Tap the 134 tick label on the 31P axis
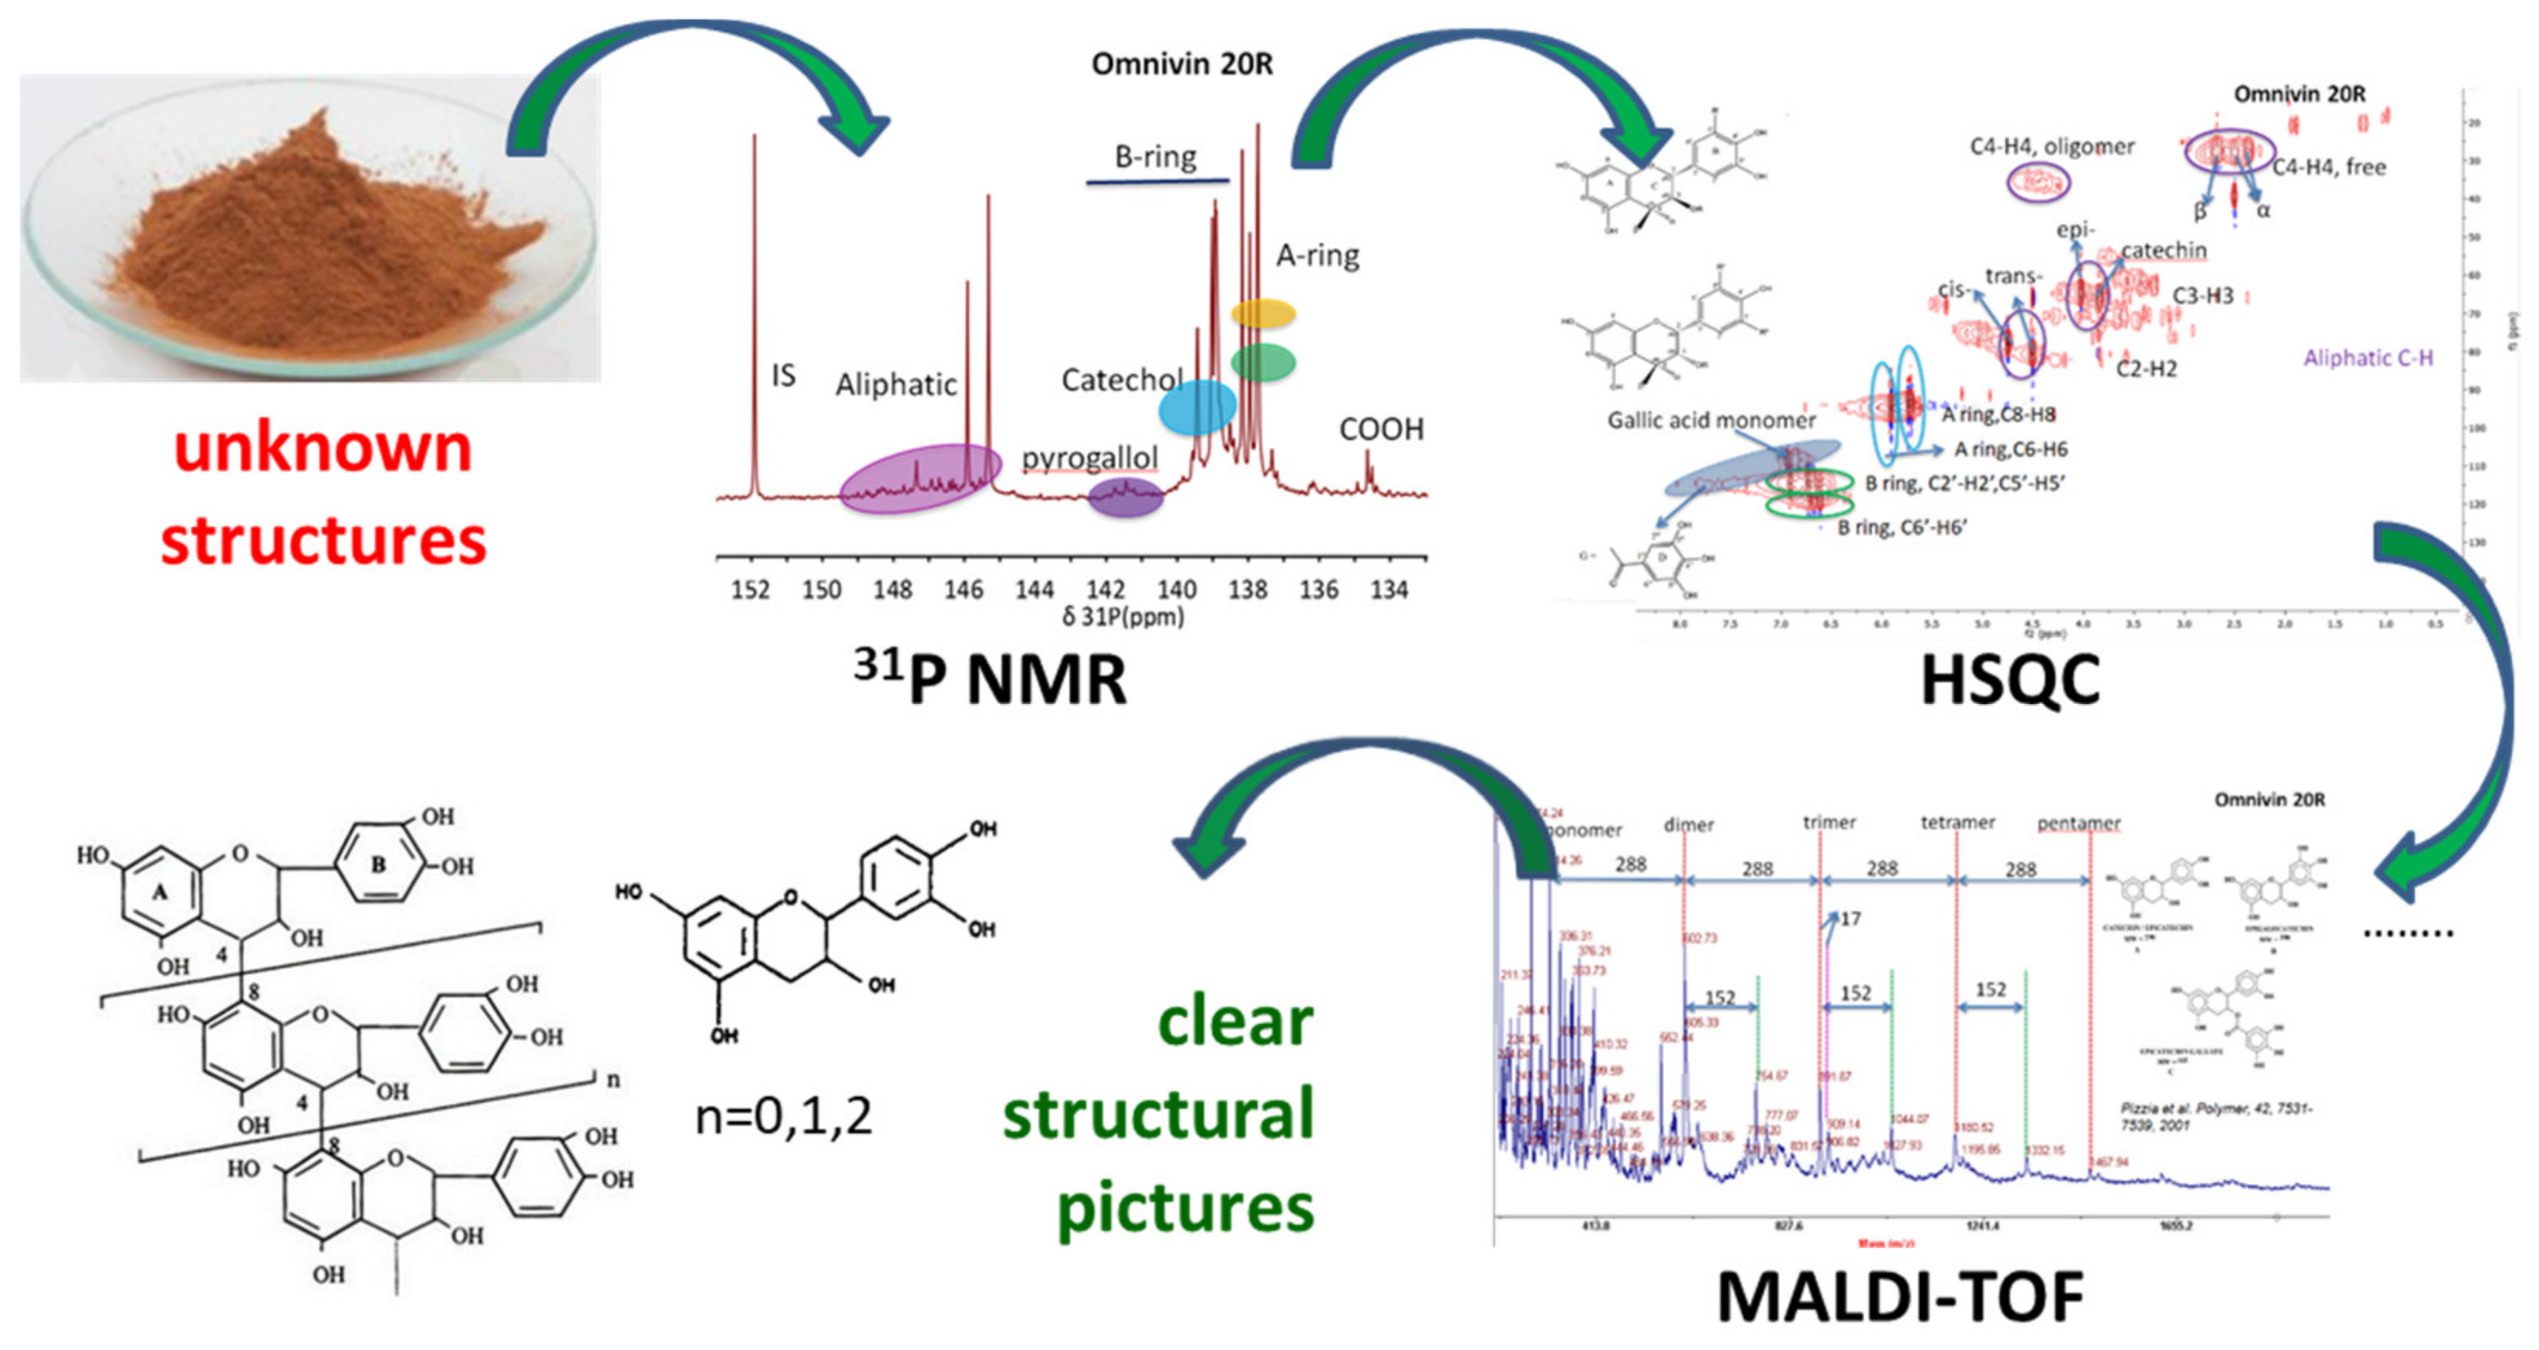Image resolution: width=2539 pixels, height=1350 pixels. click(x=1389, y=590)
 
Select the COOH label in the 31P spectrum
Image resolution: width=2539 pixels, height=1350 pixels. click(x=1381, y=429)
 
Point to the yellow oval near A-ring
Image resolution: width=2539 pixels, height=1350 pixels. click(x=1263, y=313)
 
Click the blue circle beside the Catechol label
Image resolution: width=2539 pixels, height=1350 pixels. click(x=1197, y=408)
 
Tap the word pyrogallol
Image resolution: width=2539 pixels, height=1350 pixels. click(x=1089, y=458)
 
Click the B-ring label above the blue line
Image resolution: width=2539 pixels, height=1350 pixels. click(x=1155, y=157)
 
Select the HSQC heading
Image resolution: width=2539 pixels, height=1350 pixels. click(x=2011, y=681)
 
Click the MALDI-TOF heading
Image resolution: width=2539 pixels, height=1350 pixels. click(x=1899, y=1297)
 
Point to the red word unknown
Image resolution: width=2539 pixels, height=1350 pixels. click(x=323, y=448)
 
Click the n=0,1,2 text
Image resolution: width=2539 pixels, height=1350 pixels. click(x=784, y=1117)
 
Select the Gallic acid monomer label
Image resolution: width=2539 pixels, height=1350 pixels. click(x=1711, y=420)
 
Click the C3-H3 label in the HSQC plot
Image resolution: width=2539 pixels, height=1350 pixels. click(x=2203, y=296)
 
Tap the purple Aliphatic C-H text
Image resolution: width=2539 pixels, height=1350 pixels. click(x=2368, y=358)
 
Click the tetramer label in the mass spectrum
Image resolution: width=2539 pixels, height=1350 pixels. click(x=1957, y=821)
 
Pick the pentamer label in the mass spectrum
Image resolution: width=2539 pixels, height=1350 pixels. click(x=2078, y=822)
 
